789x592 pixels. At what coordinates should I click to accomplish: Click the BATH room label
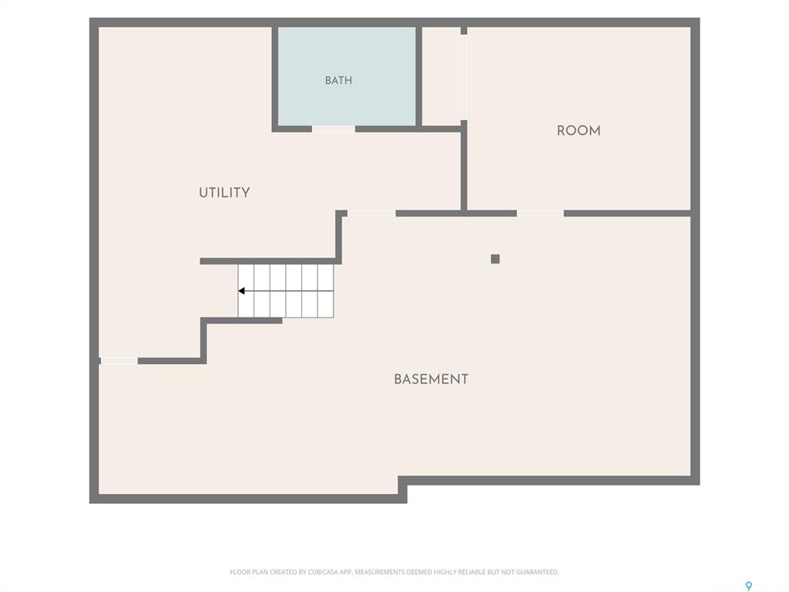[x=338, y=80]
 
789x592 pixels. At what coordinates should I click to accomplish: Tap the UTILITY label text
[x=224, y=193]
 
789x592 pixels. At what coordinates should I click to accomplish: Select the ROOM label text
[x=578, y=131]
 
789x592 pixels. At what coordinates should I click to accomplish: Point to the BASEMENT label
[x=431, y=379]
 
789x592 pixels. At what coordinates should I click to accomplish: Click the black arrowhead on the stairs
[x=241, y=291]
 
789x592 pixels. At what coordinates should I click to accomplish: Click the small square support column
[x=495, y=259]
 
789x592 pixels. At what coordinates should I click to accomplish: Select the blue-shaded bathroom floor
[x=347, y=76]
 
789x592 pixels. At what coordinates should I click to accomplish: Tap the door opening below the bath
[x=333, y=129]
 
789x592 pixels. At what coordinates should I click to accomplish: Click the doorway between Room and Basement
[x=540, y=214]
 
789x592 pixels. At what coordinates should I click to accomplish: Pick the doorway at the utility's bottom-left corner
[x=119, y=361]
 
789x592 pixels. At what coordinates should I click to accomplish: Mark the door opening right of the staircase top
[x=371, y=214]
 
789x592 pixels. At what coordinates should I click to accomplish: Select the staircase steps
[x=286, y=291]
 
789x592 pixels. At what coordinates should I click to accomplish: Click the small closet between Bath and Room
[x=442, y=76]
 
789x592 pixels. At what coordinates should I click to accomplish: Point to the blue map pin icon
[x=749, y=586]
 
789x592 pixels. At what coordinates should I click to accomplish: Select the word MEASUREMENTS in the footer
[x=381, y=572]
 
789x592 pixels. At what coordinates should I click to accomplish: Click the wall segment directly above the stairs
[x=270, y=261]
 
